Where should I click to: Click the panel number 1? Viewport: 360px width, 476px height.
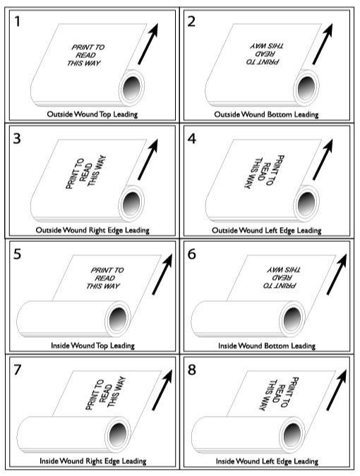tap(18, 22)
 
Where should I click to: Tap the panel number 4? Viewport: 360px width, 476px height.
tap(192, 138)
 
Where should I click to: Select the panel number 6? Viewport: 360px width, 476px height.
tap(192, 254)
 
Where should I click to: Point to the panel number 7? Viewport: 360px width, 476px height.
tap(18, 370)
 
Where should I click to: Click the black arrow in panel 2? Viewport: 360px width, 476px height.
tap(323, 44)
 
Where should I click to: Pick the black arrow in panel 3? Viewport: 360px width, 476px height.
tap(148, 159)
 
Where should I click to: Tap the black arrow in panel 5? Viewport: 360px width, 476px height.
tap(162, 274)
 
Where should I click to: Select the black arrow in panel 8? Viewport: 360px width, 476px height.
tap(337, 390)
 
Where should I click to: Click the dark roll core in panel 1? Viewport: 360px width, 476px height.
tap(132, 87)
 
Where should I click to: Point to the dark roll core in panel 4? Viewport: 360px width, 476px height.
tap(306, 203)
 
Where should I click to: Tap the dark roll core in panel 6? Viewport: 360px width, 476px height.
tap(292, 319)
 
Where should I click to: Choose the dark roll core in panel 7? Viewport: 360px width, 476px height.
tap(118, 434)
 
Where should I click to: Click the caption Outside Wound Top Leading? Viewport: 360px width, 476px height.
tap(92, 114)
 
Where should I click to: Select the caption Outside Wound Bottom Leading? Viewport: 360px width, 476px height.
tap(266, 114)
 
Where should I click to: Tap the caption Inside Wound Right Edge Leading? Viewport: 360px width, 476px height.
tap(93, 461)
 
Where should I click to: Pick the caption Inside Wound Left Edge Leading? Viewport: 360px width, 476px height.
tap(267, 461)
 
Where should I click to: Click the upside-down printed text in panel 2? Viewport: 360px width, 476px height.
tap(265, 54)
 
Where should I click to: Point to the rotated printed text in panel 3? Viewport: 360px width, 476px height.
tap(86, 172)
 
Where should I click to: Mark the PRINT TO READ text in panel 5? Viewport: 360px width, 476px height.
tap(105, 278)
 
